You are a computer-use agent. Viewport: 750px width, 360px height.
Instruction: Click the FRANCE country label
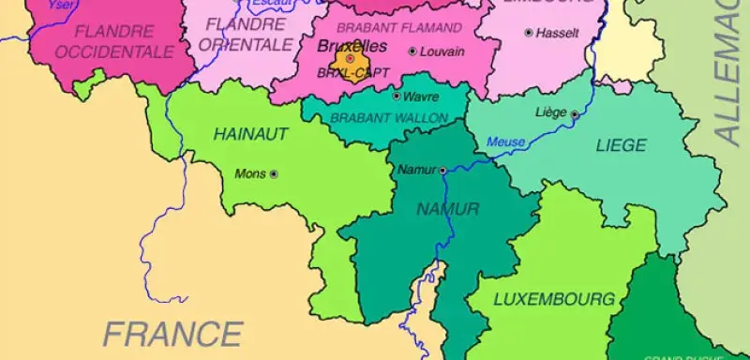click(172, 333)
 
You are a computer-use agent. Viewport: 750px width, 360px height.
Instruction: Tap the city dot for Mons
click(274, 173)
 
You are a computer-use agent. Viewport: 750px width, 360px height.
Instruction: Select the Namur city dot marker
click(442, 170)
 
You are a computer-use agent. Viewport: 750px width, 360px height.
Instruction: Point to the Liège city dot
click(574, 113)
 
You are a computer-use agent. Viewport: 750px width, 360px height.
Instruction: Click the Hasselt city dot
click(529, 33)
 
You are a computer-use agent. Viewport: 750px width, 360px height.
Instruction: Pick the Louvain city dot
click(412, 52)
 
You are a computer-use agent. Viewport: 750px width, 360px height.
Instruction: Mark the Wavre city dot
click(397, 96)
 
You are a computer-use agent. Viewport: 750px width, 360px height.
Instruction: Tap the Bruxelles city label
click(352, 45)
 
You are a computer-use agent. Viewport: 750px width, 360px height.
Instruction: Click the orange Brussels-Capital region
click(352, 64)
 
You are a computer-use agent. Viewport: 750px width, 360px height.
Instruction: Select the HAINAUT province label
click(250, 134)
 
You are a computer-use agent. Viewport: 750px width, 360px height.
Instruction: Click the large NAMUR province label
click(447, 208)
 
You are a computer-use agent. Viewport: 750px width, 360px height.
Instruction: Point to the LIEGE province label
click(621, 145)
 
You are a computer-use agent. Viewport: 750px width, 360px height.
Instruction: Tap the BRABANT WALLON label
click(389, 118)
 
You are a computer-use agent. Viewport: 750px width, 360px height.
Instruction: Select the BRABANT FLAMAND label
click(398, 28)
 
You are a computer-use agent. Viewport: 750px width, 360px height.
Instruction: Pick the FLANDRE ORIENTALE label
click(247, 34)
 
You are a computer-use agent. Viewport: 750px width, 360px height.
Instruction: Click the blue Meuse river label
click(505, 142)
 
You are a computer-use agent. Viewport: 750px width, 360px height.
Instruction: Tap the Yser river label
click(59, 4)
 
